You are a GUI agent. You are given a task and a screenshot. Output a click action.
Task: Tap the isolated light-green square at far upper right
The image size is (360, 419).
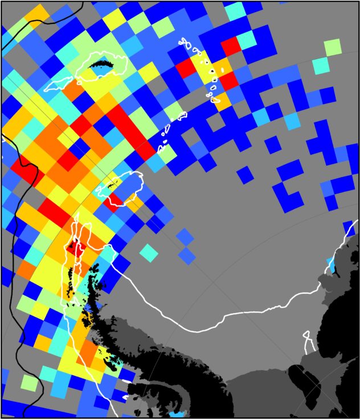(332, 47)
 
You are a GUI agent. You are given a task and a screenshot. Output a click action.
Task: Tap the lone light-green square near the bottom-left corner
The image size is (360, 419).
(28, 382)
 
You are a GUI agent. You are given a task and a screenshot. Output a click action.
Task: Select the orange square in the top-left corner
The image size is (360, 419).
(36, 15)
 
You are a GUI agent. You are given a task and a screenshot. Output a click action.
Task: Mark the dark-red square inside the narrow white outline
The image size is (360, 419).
(75, 247)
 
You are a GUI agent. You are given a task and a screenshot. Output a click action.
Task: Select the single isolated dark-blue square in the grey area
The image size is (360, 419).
(246, 174)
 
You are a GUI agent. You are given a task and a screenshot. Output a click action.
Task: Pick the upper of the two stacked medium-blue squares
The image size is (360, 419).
(185, 235)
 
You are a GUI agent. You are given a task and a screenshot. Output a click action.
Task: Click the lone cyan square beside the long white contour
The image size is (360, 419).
(149, 252)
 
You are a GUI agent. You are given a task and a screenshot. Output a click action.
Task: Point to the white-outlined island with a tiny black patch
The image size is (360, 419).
(121, 187)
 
